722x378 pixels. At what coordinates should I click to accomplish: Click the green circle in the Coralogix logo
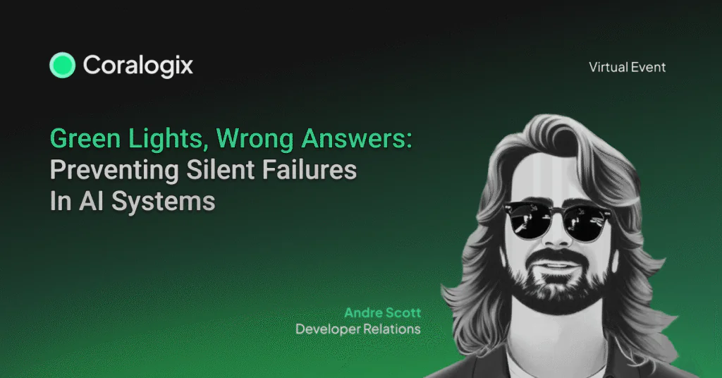[62, 65]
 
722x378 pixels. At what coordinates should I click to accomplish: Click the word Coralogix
[137, 66]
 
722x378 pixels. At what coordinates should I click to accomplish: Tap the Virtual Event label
[627, 67]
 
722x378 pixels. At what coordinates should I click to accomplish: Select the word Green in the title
[86, 138]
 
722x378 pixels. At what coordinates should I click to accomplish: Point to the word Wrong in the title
[255, 139]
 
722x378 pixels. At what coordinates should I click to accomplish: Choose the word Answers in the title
[354, 139]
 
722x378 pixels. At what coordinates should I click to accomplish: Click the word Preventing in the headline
[114, 171]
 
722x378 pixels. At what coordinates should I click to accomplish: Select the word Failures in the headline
[310, 169]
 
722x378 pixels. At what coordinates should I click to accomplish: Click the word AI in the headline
[91, 201]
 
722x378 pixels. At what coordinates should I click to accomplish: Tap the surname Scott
[403, 312]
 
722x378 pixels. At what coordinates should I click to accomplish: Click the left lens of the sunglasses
[526, 221]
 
